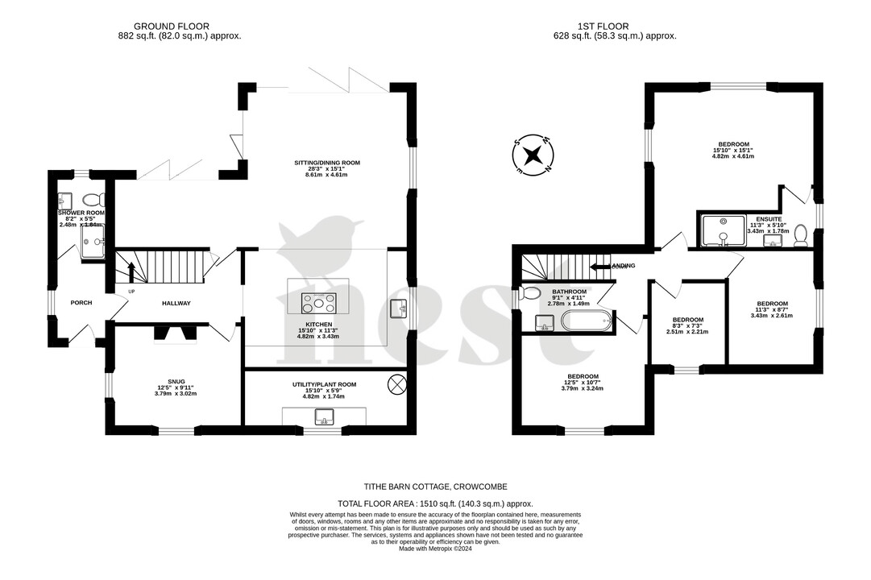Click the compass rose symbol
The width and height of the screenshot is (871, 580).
(x=533, y=155)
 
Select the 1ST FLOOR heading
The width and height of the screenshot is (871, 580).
(x=591, y=26)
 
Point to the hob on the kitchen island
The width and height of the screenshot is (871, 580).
(x=319, y=303)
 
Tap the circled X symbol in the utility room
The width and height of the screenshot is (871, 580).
(x=396, y=384)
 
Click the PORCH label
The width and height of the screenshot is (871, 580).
(x=81, y=303)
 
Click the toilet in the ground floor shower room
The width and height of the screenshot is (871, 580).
(x=91, y=199)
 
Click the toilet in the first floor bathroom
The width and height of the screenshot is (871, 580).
(x=531, y=293)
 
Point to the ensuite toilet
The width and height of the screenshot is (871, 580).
(x=801, y=234)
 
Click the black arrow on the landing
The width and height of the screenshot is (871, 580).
(x=599, y=266)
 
